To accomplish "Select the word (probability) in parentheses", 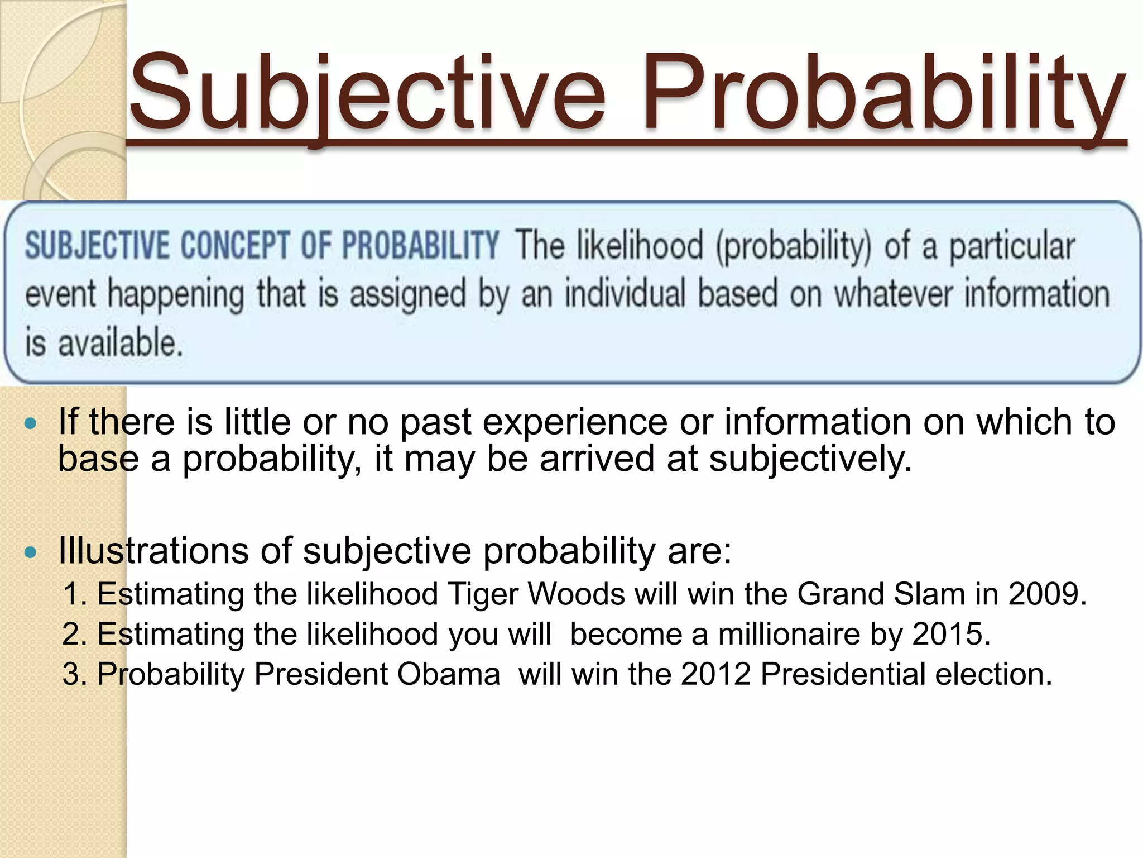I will coord(794,247).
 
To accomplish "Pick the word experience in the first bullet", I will coord(575,422).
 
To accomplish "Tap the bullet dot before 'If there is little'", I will coord(31,423).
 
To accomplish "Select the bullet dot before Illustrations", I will coord(31,553).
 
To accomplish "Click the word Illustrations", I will coord(154,551).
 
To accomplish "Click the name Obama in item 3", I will coord(449,674).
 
